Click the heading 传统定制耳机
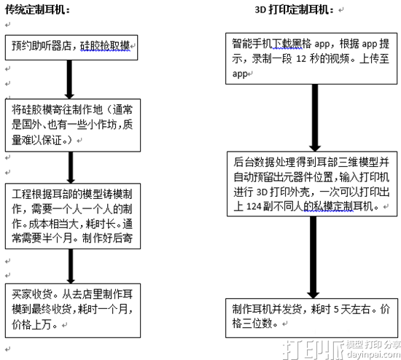[37, 10]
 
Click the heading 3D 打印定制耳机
[294, 9]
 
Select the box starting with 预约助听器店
[71, 47]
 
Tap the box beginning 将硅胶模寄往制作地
[73, 125]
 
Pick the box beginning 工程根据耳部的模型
[73, 216]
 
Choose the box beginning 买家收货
[73, 310]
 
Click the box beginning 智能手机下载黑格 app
[311, 58]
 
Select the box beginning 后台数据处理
[312, 184]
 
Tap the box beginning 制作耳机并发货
[311, 318]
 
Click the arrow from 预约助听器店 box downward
[69, 79]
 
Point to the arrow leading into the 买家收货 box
[71, 266]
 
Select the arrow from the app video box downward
[315, 117]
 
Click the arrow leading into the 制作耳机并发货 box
[314, 257]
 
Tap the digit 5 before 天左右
[336, 310]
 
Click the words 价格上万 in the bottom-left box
[31, 325]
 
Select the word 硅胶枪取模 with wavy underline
[105, 46]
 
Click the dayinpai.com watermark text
[373, 354]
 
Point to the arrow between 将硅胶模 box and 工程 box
[71, 168]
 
